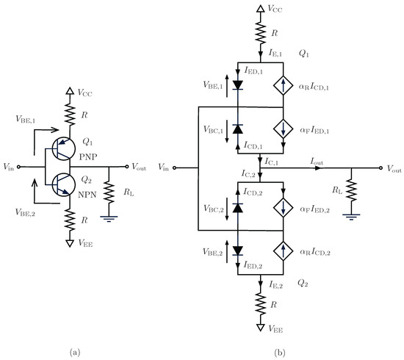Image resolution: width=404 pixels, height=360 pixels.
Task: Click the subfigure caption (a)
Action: coord(75,353)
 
